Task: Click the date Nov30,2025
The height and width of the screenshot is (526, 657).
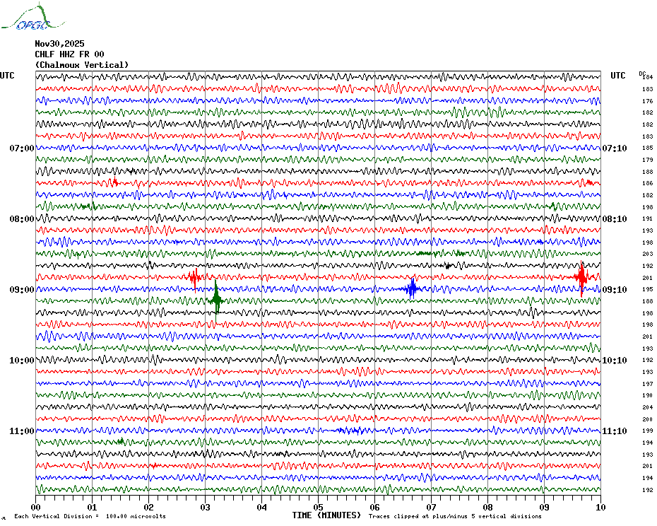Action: (59, 43)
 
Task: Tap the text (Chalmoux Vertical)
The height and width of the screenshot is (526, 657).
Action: (82, 65)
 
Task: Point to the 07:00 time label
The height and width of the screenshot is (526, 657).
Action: (21, 148)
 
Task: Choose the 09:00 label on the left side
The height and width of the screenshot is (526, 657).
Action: (21, 290)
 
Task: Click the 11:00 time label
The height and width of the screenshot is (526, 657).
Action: (21, 431)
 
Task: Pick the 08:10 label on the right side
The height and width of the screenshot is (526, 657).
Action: (614, 219)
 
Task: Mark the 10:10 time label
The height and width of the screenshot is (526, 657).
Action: (614, 361)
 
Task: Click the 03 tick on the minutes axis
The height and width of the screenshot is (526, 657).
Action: (205, 507)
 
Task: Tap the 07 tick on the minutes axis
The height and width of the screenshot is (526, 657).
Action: (431, 507)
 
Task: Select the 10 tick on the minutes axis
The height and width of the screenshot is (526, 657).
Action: (600, 507)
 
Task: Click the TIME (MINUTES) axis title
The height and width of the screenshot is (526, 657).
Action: (326, 515)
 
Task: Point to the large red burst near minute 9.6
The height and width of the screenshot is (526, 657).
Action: (581, 277)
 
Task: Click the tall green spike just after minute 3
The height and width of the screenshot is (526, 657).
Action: (216, 299)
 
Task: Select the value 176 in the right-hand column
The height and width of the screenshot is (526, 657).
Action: (647, 101)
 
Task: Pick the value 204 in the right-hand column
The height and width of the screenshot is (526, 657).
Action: (647, 407)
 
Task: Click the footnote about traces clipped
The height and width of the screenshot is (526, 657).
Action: (455, 516)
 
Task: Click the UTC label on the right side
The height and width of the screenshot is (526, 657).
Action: (617, 76)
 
